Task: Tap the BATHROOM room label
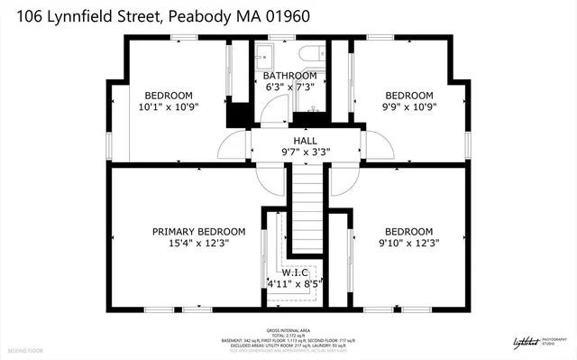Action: click(x=289, y=75)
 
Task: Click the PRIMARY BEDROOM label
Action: click(x=198, y=231)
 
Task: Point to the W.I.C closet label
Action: click(x=295, y=272)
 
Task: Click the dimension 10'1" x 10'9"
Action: click(x=169, y=106)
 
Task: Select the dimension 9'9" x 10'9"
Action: click(x=409, y=106)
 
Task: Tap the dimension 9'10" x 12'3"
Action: click(x=408, y=243)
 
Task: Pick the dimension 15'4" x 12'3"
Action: click(x=198, y=243)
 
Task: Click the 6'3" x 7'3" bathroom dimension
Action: click(x=289, y=87)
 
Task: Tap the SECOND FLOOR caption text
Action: click(x=25, y=349)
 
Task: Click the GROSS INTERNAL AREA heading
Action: click(x=288, y=331)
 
